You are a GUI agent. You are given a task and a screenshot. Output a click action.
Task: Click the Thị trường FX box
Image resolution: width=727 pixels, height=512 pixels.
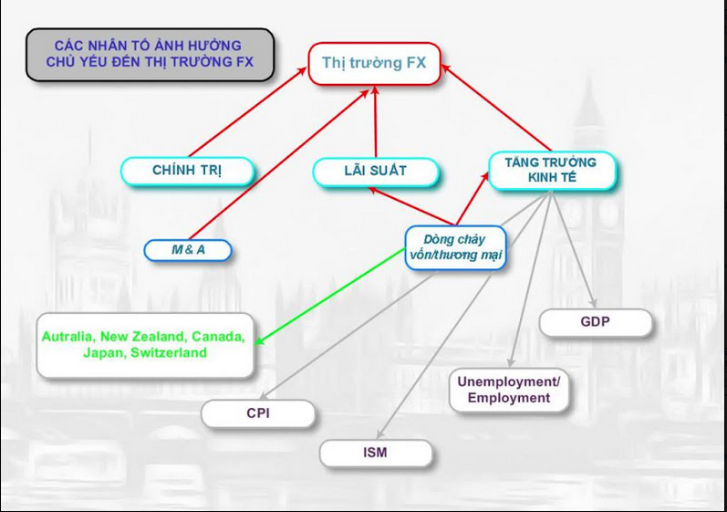tap(374, 64)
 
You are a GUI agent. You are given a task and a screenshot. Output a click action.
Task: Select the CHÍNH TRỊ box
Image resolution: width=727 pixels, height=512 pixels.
tap(187, 171)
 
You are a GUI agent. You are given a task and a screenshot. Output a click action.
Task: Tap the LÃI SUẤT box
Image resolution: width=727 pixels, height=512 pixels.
tap(375, 171)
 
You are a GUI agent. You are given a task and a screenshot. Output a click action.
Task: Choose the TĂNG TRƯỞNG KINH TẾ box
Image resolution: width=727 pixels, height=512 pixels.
tap(551, 171)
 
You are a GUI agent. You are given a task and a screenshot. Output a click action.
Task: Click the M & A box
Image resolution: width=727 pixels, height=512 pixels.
tap(188, 249)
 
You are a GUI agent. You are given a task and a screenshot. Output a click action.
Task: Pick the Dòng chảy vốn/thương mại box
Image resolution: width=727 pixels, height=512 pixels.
tap(455, 247)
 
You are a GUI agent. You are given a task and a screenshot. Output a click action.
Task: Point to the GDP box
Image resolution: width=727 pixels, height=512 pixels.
tap(595, 322)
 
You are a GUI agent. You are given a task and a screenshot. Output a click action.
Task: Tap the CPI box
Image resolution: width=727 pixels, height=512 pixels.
tap(258, 413)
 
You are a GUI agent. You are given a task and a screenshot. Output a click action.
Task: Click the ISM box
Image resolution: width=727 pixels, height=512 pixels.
tap(375, 452)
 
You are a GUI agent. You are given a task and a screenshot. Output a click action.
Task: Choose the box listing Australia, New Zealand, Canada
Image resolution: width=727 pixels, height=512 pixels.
tap(144, 345)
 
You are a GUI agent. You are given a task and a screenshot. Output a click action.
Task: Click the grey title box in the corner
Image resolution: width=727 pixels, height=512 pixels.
tap(149, 54)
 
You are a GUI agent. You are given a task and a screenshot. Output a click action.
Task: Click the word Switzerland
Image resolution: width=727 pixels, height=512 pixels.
tap(170, 353)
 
